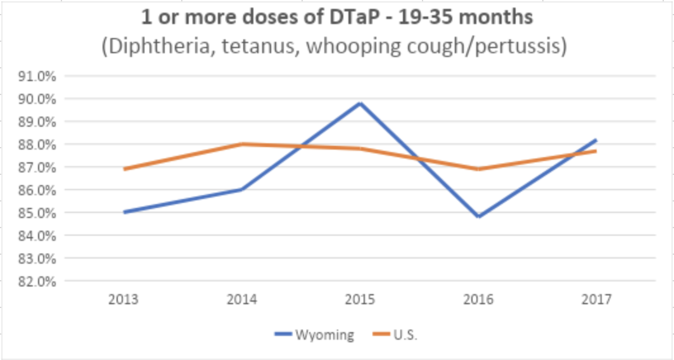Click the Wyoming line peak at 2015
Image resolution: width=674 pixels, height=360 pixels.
(x=360, y=103)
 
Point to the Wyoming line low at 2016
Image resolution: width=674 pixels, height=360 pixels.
(x=479, y=217)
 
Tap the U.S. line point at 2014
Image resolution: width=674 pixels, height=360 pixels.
(x=243, y=144)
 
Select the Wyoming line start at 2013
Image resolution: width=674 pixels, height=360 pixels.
(x=125, y=212)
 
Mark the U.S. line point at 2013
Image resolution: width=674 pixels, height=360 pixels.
(x=125, y=169)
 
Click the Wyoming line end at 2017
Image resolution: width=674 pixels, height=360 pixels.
(x=596, y=140)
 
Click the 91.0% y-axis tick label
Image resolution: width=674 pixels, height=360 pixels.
(x=39, y=76)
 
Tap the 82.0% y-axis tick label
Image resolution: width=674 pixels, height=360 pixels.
(x=39, y=281)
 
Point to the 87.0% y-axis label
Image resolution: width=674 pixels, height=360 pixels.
(x=39, y=167)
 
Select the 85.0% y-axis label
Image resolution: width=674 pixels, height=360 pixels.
(x=39, y=213)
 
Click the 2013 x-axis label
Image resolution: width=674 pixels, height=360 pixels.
(x=125, y=300)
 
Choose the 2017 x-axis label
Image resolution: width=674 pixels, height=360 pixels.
(x=596, y=300)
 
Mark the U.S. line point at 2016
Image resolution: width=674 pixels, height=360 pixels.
(x=479, y=169)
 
